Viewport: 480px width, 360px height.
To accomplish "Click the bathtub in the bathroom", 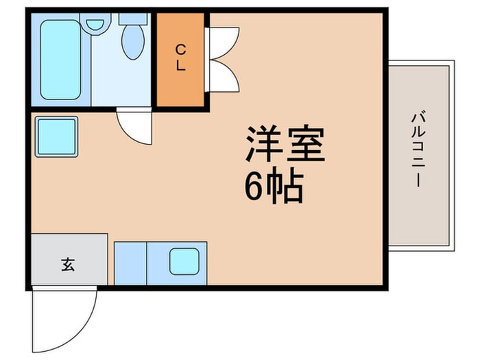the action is (60, 60).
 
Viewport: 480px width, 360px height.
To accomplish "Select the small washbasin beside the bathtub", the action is (95, 25).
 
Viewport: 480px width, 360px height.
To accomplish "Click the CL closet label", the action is (180, 58).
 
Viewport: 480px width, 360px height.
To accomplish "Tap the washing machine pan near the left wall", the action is (56, 136).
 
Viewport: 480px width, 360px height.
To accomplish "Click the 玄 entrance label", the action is (68, 265).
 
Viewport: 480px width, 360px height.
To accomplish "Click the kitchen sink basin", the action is (184, 261).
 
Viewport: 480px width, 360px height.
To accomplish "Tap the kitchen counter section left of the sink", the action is (130, 263).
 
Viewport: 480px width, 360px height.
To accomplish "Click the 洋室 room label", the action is (285, 143).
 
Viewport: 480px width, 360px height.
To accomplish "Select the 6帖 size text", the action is (274, 186).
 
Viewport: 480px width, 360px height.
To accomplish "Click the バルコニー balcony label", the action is (418, 149).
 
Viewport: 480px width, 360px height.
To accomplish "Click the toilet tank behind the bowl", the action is (133, 19).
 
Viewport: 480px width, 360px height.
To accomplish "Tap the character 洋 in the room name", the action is (264, 143).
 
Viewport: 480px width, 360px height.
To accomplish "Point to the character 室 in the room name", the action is (306, 143).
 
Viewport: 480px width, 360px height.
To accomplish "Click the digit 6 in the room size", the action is (254, 186).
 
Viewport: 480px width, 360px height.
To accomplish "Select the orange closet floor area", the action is (180, 60).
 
